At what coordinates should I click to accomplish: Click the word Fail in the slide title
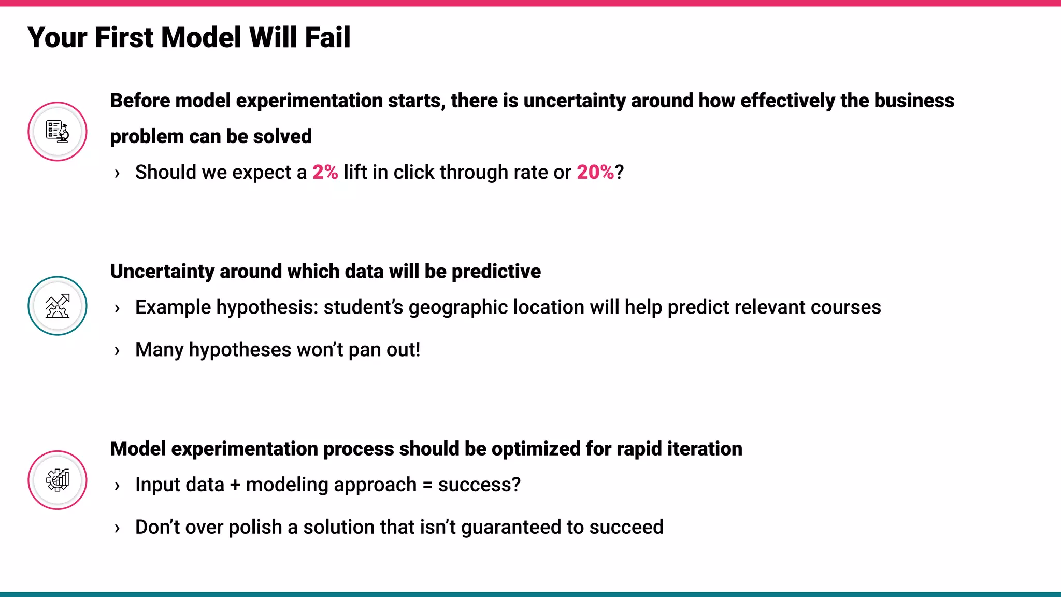[x=327, y=38]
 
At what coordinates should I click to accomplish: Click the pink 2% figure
[x=325, y=172]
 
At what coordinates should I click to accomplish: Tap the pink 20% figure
[x=595, y=172]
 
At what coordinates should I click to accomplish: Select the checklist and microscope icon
[x=58, y=132]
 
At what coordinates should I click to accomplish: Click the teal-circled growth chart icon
[x=58, y=306]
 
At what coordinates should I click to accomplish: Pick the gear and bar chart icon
[x=58, y=480]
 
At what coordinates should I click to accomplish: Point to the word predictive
[x=496, y=272]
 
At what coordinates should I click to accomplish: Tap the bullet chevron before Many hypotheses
[x=117, y=351]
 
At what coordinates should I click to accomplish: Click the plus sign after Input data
[x=235, y=485]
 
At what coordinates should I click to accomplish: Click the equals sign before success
[x=427, y=485]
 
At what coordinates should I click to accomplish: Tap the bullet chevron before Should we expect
[x=117, y=173]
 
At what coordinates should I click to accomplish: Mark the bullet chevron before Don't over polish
[x=117, y=528]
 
